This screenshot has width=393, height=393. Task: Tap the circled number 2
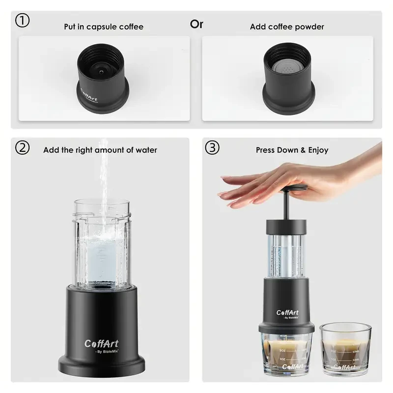pos(23,147)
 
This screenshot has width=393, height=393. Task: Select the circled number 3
pos(212,147)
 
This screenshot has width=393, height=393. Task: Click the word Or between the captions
pos(196,24)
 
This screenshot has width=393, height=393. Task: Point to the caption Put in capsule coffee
pos(104,27)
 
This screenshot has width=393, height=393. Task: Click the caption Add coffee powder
pos(287,27)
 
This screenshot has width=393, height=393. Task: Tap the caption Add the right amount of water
pos(100,150)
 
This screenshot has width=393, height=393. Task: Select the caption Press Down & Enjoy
pos(292,150)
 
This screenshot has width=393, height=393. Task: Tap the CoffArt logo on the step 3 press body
pos(287,312)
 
